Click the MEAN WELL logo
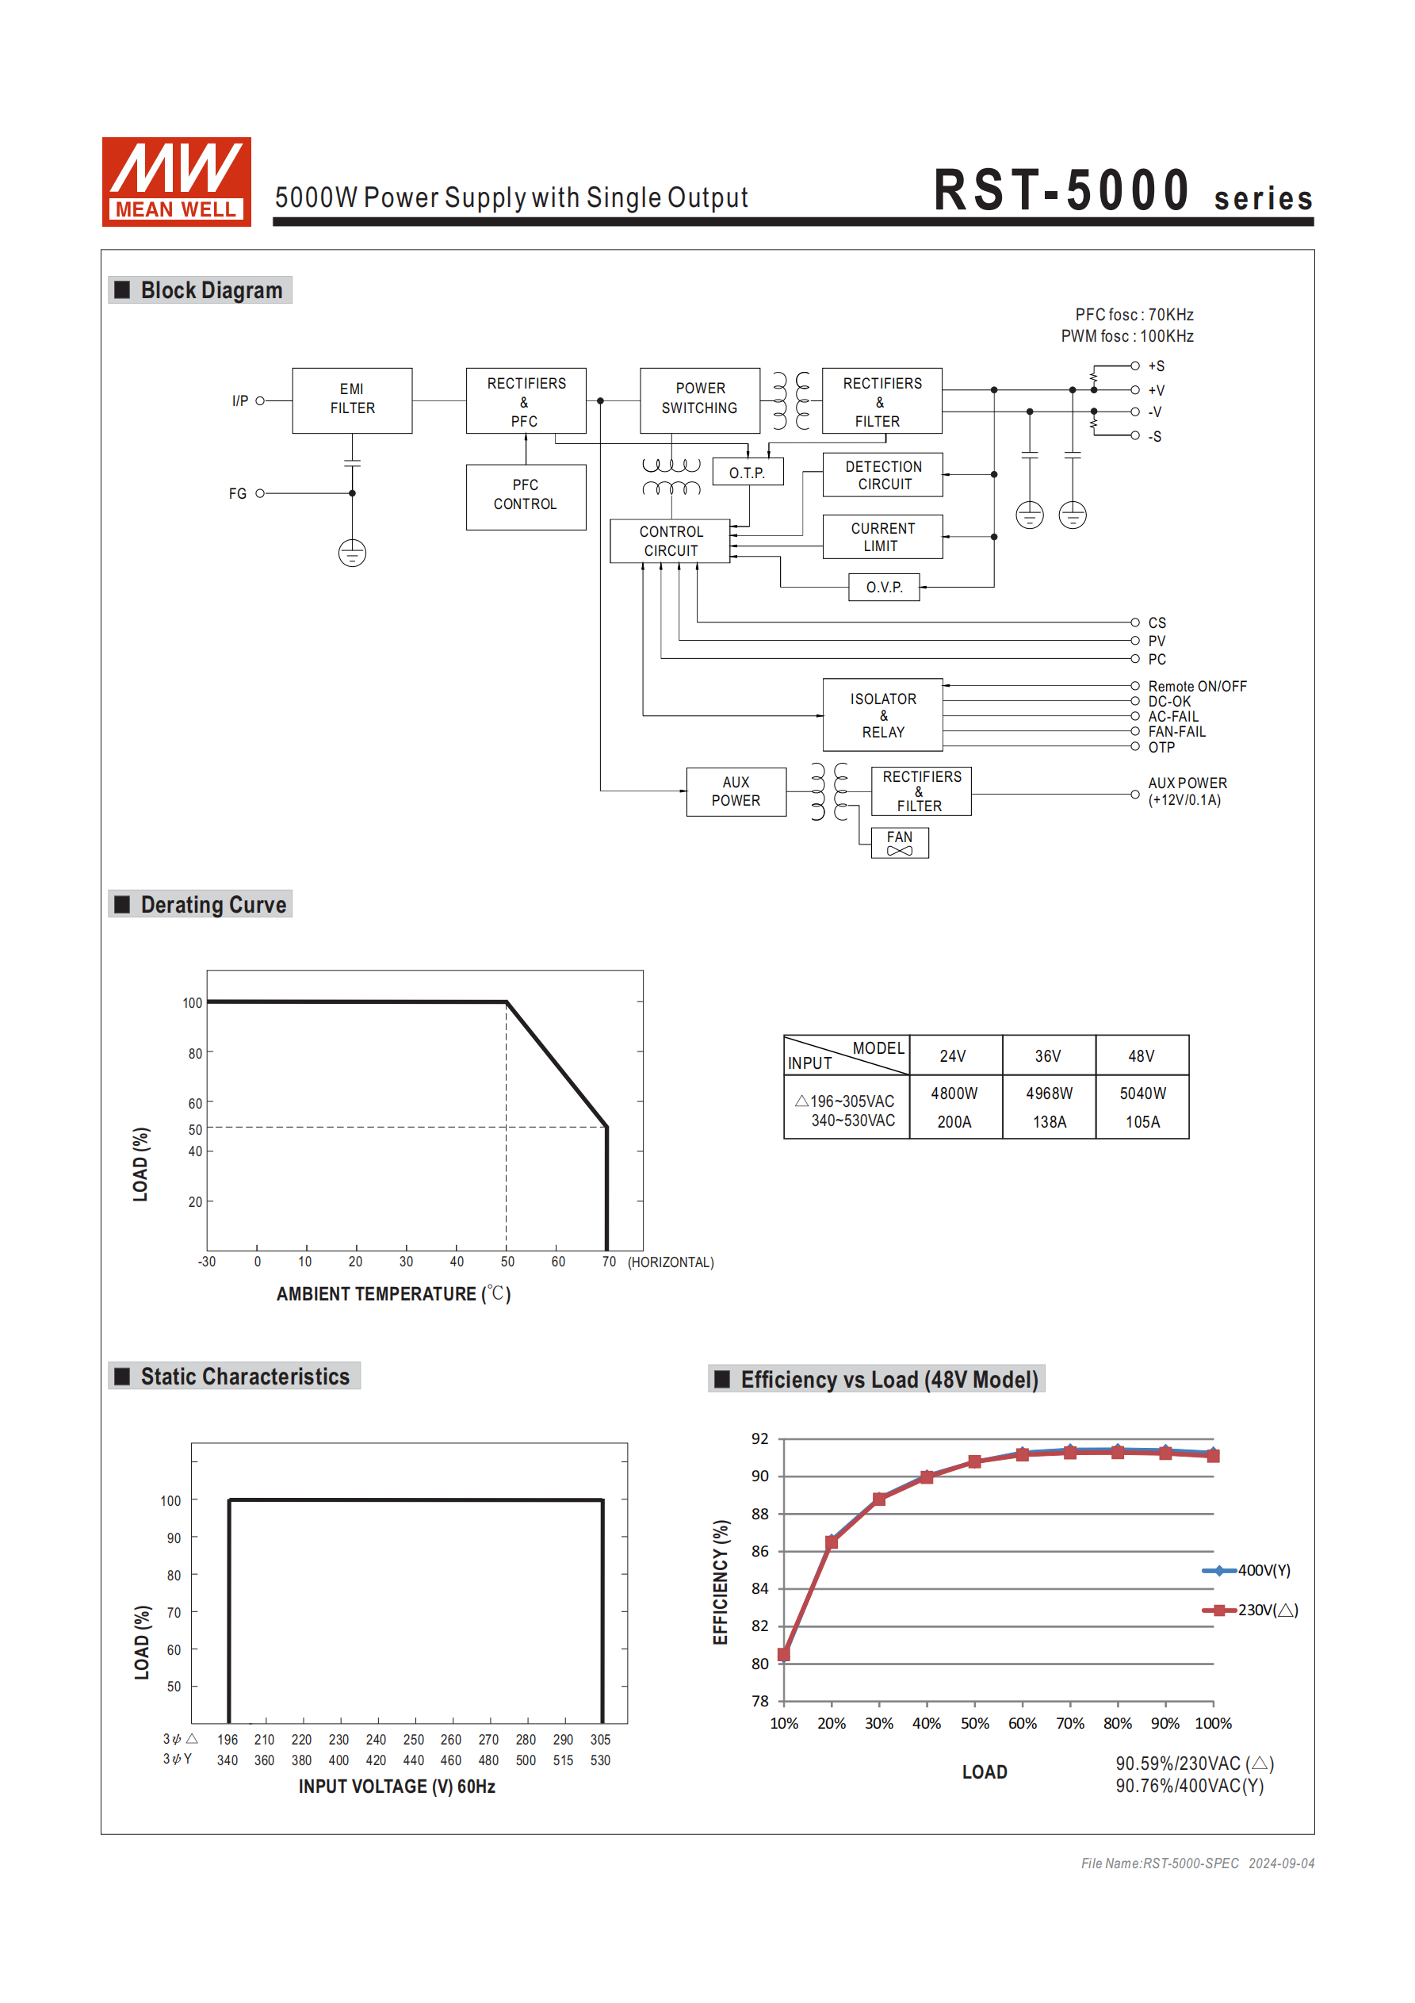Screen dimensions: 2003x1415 tap(176, 182)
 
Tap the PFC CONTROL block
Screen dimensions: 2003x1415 tap(525, 496)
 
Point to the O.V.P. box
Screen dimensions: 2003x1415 tap(884, 587)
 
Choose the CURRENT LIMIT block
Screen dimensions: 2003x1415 tap(882, 537)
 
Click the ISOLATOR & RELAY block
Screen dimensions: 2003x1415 tap(882, 714)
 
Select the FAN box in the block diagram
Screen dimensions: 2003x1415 tap(899, 843)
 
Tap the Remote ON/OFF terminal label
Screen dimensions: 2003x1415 tap(1196, 687)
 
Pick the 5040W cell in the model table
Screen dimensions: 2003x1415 tap(1142, 1093)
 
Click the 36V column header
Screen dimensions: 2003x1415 tap(1048, 1055)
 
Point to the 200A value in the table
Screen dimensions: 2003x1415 tap(954, 1122)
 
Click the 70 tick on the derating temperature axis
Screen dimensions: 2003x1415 tap(608, 1262)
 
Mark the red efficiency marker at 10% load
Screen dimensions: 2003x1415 tap(783, 1654)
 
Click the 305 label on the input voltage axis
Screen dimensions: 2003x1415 tap(600, 1740)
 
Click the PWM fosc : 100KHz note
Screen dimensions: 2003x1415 tap(1126, 336)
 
